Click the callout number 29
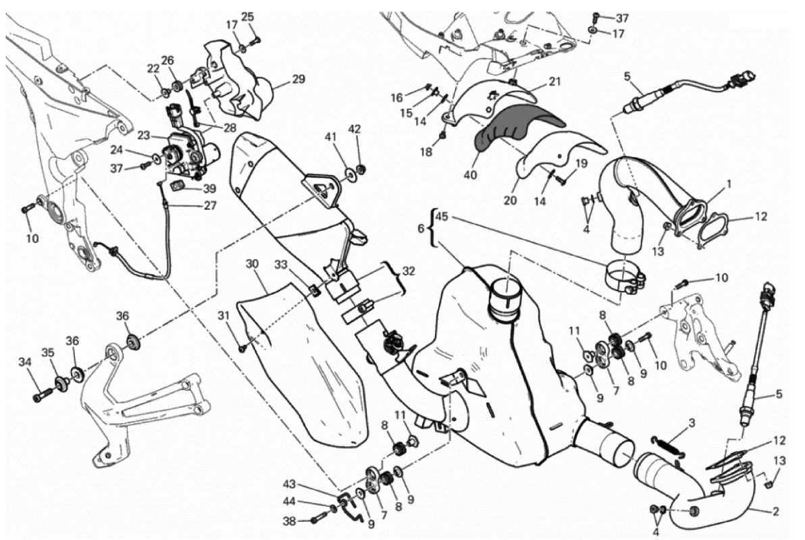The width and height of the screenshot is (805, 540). tap(298, 79)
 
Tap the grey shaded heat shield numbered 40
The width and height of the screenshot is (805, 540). tap(513, 125)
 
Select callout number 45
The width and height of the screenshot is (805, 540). tap(442, 217)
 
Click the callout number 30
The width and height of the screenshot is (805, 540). tap(252, 264)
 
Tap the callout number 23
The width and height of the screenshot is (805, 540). tap(145, 136)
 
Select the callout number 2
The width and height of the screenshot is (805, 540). tap(775, 511)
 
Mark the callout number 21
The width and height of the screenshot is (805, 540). tap(554, 82)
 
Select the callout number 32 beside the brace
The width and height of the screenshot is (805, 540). tap(408, 271)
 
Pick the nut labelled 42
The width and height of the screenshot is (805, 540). tap(361, 168)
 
